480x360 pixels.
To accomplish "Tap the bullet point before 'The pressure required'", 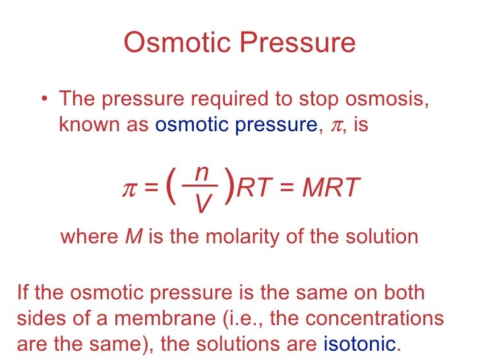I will pyautogui.click(x=43, y=100).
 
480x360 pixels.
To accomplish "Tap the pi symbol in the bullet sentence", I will pyautogui.click(x=336, y=125).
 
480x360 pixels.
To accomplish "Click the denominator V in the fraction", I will pyautogui.click(x=203, y=205).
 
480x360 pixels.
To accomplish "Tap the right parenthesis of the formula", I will pyautogui.click(x=229, y=187).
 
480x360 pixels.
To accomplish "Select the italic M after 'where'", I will pyautogui.click(x=131, y=237).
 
